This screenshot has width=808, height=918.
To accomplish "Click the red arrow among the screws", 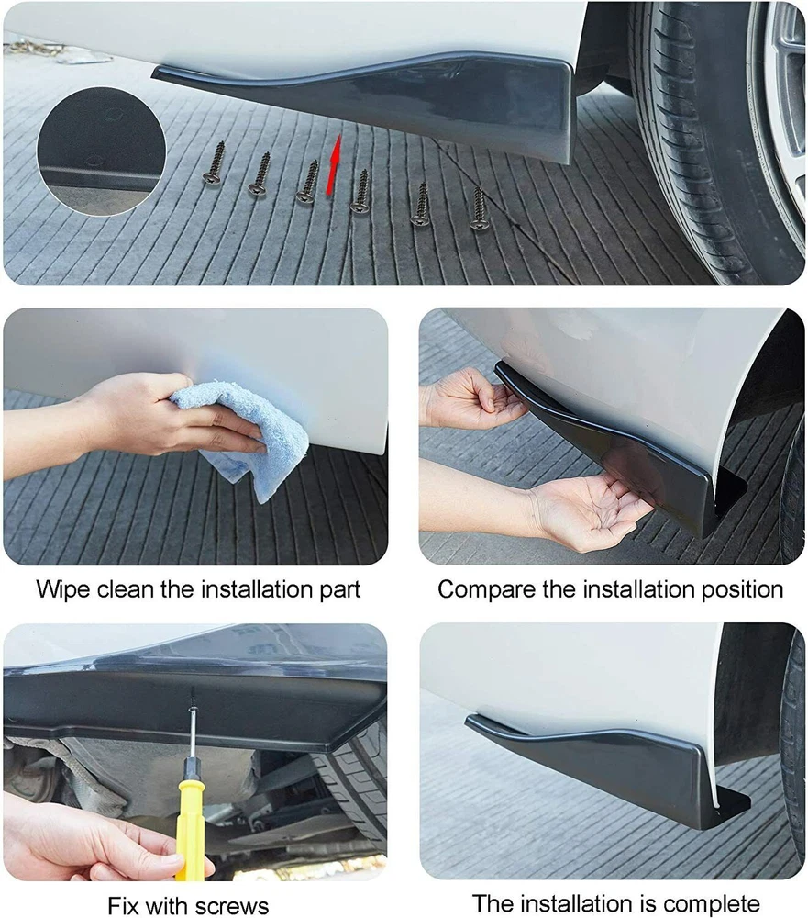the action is pos(332,165).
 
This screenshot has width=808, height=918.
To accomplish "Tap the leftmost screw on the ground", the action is pos(216,164).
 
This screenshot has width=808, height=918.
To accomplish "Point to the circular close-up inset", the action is pos(101,151).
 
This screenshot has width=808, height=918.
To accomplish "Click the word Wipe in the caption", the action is pos(62,590).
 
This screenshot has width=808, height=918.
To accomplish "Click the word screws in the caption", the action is pos(231,906).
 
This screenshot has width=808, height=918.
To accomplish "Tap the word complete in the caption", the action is pos(712,904).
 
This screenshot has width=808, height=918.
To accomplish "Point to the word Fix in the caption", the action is pos(122,906).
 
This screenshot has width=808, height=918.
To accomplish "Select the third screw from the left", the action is pos(307,182).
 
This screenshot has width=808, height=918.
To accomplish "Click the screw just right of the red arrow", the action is pos(360,191).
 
